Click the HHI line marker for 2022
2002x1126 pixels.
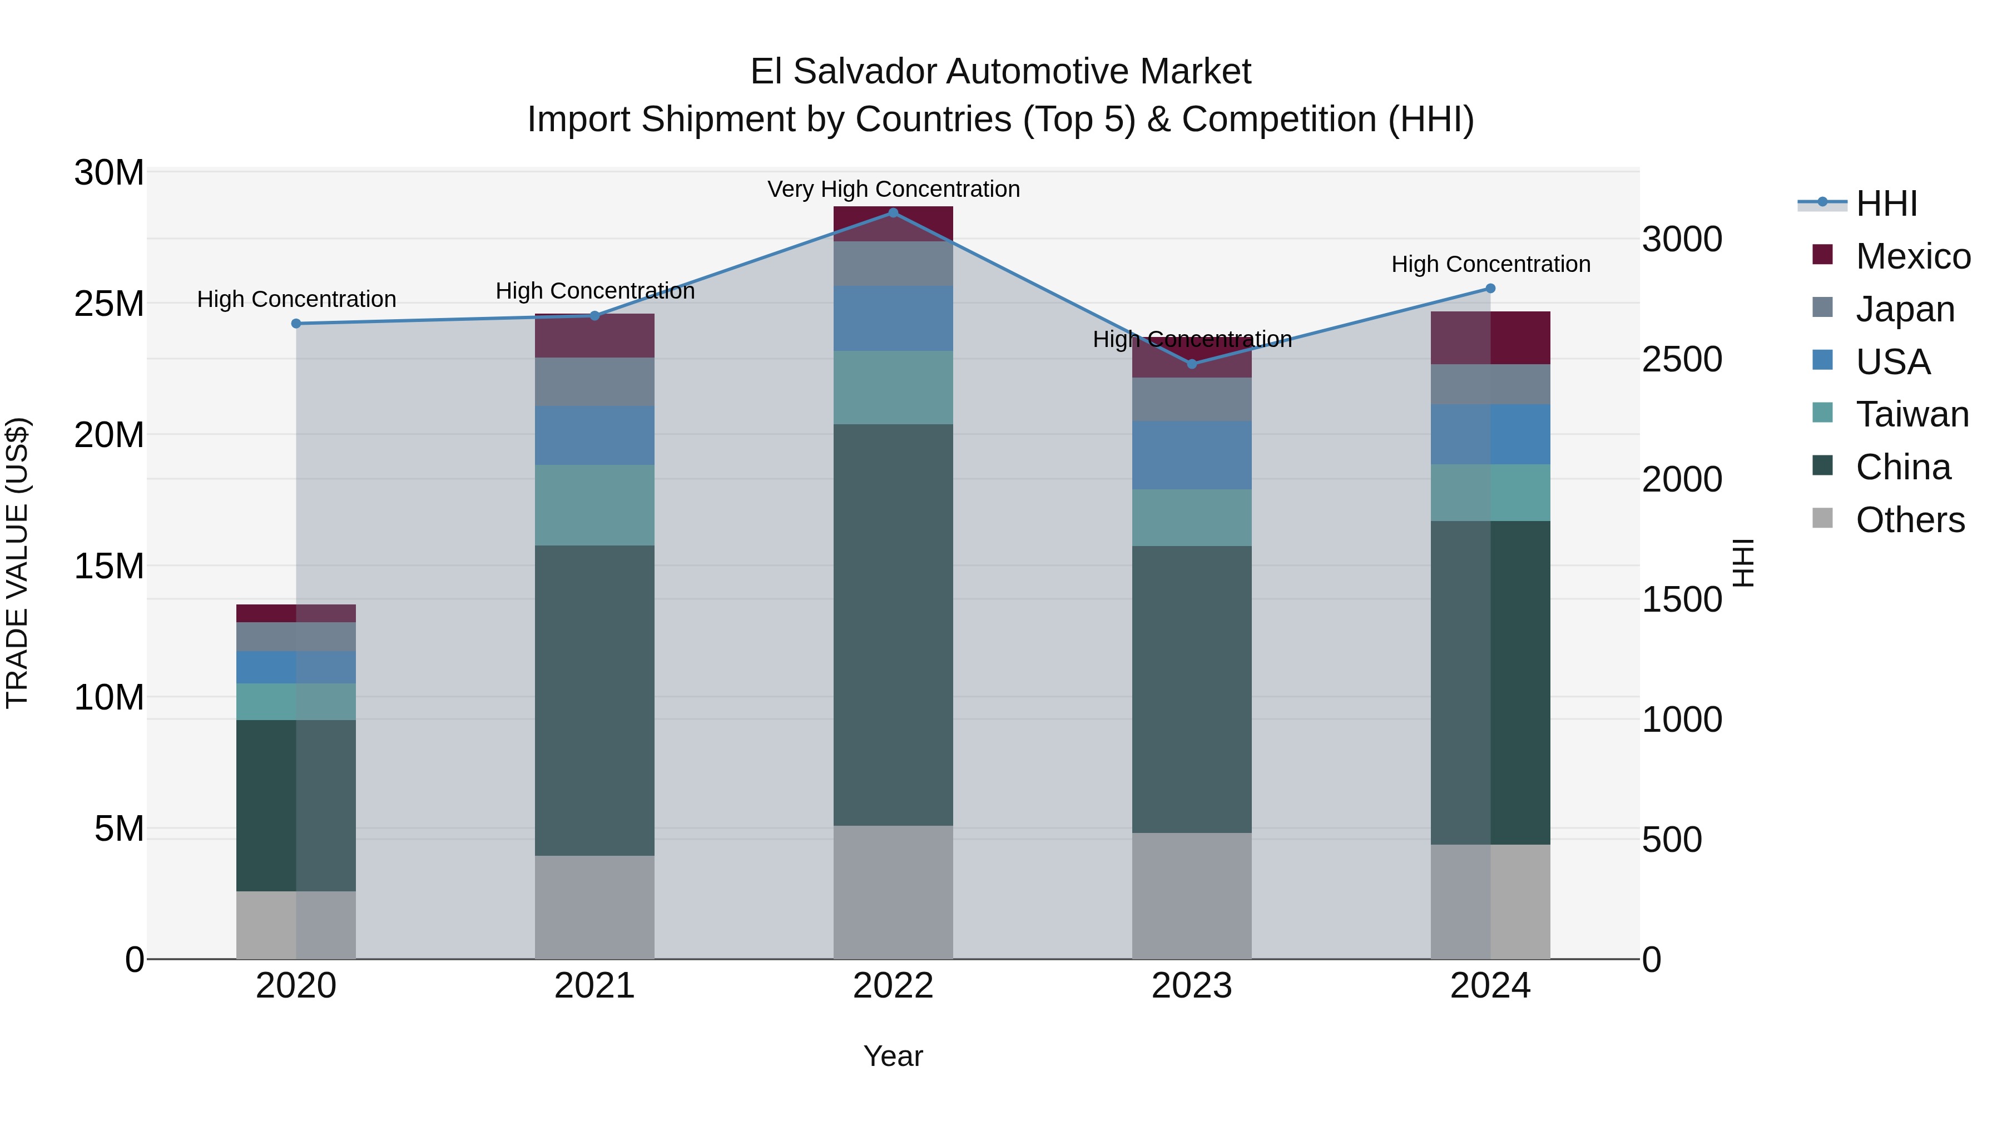click(x=893, y=213)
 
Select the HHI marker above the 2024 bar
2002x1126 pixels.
click(x=1490, y=288)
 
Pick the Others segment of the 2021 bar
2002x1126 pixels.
click(x=594, y=907)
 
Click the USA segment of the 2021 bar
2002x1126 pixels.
click(x=594, y=435)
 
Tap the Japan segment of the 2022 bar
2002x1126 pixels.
click(x=893, y=264)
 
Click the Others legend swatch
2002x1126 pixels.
click(x=1822, y=518)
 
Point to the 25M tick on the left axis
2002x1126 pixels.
click(x=109, y=304)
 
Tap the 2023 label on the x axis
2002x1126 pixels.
click(x=1191, y=986)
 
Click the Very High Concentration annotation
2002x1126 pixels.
click(x=894, y=189)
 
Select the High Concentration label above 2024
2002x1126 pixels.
click(x=1490, y=264)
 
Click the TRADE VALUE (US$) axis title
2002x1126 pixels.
click(x=18, y=563)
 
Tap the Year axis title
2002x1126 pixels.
click(x=893, y=1056)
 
